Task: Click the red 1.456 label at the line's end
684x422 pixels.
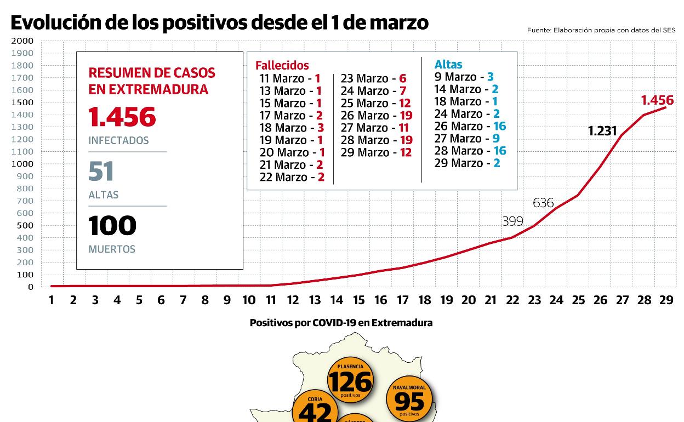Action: coord(657,100)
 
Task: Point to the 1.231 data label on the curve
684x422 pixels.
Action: coord(602,131)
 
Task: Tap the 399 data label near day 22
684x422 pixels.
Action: coord(512,221)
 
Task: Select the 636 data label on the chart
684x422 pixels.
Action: coord(543,203)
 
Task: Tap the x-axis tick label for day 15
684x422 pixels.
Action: coord(358,300)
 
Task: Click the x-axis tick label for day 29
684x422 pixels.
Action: coord(666,300)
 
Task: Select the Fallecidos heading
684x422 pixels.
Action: coord(282,66)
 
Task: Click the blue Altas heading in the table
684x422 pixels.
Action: coord(448,65)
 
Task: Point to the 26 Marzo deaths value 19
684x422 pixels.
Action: coord(406,116)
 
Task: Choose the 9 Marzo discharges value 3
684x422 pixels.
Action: coord(491,77)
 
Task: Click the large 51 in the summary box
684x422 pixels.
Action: coord(101,171)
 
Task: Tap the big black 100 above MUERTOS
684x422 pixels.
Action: coord(112,225)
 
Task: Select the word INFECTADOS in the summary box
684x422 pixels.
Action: coord(118,141)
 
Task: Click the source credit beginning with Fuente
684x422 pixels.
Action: coord(601,31)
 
